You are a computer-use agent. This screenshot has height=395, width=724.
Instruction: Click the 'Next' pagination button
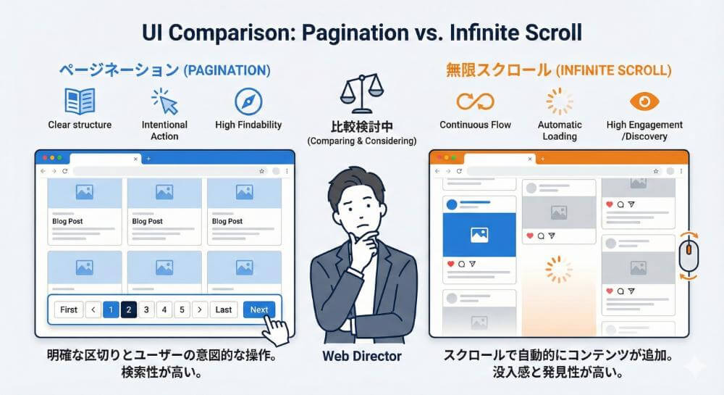pyautogui.click(x=258, y=309)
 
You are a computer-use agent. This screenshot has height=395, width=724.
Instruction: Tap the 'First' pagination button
pyautogui.click(x=69, y=309)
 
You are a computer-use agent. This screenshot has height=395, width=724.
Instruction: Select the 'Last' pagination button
pyautogui.click(x=224, y=309)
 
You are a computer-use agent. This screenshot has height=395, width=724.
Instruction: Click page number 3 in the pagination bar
pyautogui.click(x=146, y=309)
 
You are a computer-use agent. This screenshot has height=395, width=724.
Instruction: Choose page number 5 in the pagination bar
pyautogui.click(x=182, y=309)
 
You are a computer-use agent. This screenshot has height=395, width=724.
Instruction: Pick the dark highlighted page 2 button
pyautogui.click(x=128, y=309)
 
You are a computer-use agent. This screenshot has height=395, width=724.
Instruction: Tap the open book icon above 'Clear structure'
pyautogui.click(x=80, y=101)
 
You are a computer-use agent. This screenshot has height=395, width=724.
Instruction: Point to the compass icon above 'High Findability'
pyautogui.click(x=248, y=101)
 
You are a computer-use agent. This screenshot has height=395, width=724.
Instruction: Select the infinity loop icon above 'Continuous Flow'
pyautogui.click(x=475, y=101)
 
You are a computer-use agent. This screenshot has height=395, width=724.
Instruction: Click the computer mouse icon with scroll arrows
pyautogui.click(x=688, y=255)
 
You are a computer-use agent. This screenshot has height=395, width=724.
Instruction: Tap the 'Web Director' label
pyautogui.click(x=361, y=356)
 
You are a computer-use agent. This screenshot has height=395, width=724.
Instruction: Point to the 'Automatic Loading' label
pyautogui.click(x=560, y=130)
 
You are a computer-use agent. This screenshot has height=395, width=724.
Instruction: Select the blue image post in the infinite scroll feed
pyautogui.click(x=479, y=234)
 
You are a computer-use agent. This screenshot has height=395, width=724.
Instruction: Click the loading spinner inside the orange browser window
pyautogui.click(x=558, y=269)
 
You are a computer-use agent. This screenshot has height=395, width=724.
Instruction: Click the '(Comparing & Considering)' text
pyautogui.click(x=361, y=141)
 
